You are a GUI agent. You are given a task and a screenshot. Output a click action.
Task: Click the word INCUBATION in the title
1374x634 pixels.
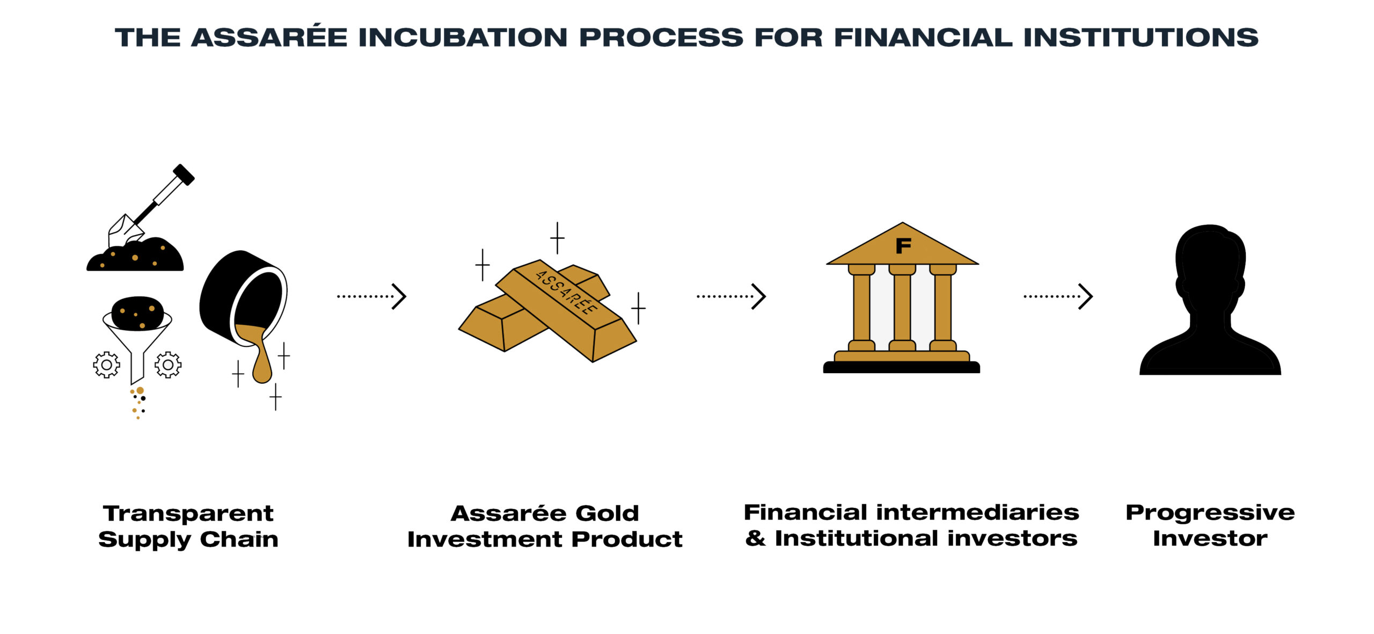coord(463,37)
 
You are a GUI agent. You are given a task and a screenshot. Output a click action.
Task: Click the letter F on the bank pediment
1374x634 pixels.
coord(903,246)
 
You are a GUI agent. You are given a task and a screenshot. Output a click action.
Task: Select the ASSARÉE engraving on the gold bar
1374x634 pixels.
coord(567,292)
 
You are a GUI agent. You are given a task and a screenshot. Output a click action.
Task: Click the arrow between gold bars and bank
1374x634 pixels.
coord(731,296)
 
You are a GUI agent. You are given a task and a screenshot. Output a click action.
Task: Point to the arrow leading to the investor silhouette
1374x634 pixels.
coord(1058,296)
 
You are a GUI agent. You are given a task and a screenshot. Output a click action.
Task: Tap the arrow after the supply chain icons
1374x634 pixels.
coord(371,296)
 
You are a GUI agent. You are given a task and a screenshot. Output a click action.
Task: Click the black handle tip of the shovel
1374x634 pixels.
coord(184,174)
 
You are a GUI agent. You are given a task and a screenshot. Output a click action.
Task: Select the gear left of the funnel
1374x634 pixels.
coord(106,365)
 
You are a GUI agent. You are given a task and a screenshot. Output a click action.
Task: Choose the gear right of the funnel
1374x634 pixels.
coord(168,365)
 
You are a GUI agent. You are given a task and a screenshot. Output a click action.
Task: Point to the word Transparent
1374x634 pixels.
coord(188,514)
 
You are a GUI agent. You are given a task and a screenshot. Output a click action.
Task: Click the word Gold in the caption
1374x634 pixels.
coord(607,514)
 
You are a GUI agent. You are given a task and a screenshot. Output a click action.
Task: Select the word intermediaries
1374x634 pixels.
coord(977,513)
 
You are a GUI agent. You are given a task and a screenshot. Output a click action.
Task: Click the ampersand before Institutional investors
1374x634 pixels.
coord(755,538)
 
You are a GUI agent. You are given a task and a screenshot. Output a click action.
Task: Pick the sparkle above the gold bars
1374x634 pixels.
coord(557,238)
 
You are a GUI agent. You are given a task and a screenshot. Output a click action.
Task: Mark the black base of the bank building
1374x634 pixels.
coord(902,367)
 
